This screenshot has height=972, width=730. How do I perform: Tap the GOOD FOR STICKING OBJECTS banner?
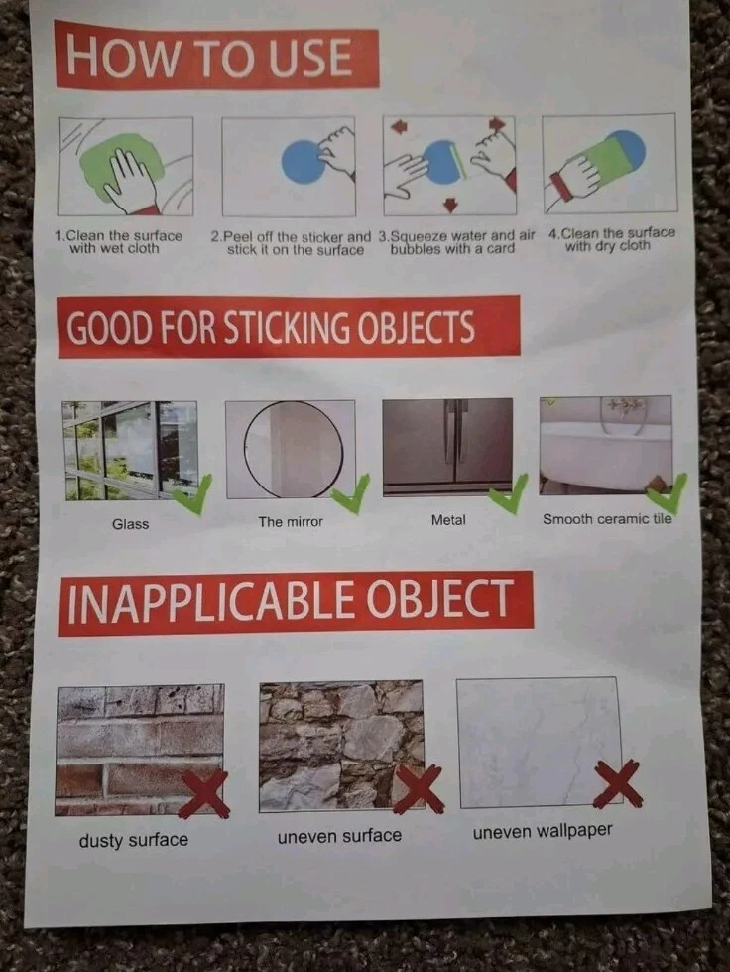click(289, 327)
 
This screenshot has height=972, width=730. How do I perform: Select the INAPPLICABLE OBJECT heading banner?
click(296, 603)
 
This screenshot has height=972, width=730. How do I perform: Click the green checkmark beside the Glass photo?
click(192, 494)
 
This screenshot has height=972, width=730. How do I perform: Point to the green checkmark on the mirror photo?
click(350, 493)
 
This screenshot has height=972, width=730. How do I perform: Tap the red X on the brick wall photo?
click(205, 793)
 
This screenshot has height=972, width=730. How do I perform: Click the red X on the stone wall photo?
click(419, 788)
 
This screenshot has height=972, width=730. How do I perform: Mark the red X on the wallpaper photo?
click(617, 783)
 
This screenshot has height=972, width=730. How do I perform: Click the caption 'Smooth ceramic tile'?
click(607, 519)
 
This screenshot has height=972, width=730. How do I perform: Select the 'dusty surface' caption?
click(134, 840)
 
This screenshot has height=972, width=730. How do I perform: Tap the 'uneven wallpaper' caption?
click(543, 831)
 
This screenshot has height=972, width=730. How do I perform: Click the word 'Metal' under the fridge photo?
click(448, 520)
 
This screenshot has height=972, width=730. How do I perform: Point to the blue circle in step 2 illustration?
click(303, 161)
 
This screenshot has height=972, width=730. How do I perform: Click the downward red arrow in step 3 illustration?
click(450, 205)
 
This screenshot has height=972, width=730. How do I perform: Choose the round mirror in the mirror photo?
click(293, 448)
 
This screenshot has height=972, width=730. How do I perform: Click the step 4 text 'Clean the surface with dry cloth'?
click(611, 239)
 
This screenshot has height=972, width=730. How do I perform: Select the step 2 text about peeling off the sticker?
click(291, 243)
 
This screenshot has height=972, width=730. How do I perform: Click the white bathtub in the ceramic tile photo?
click(606, 455)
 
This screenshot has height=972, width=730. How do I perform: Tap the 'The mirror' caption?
click(291, 522)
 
